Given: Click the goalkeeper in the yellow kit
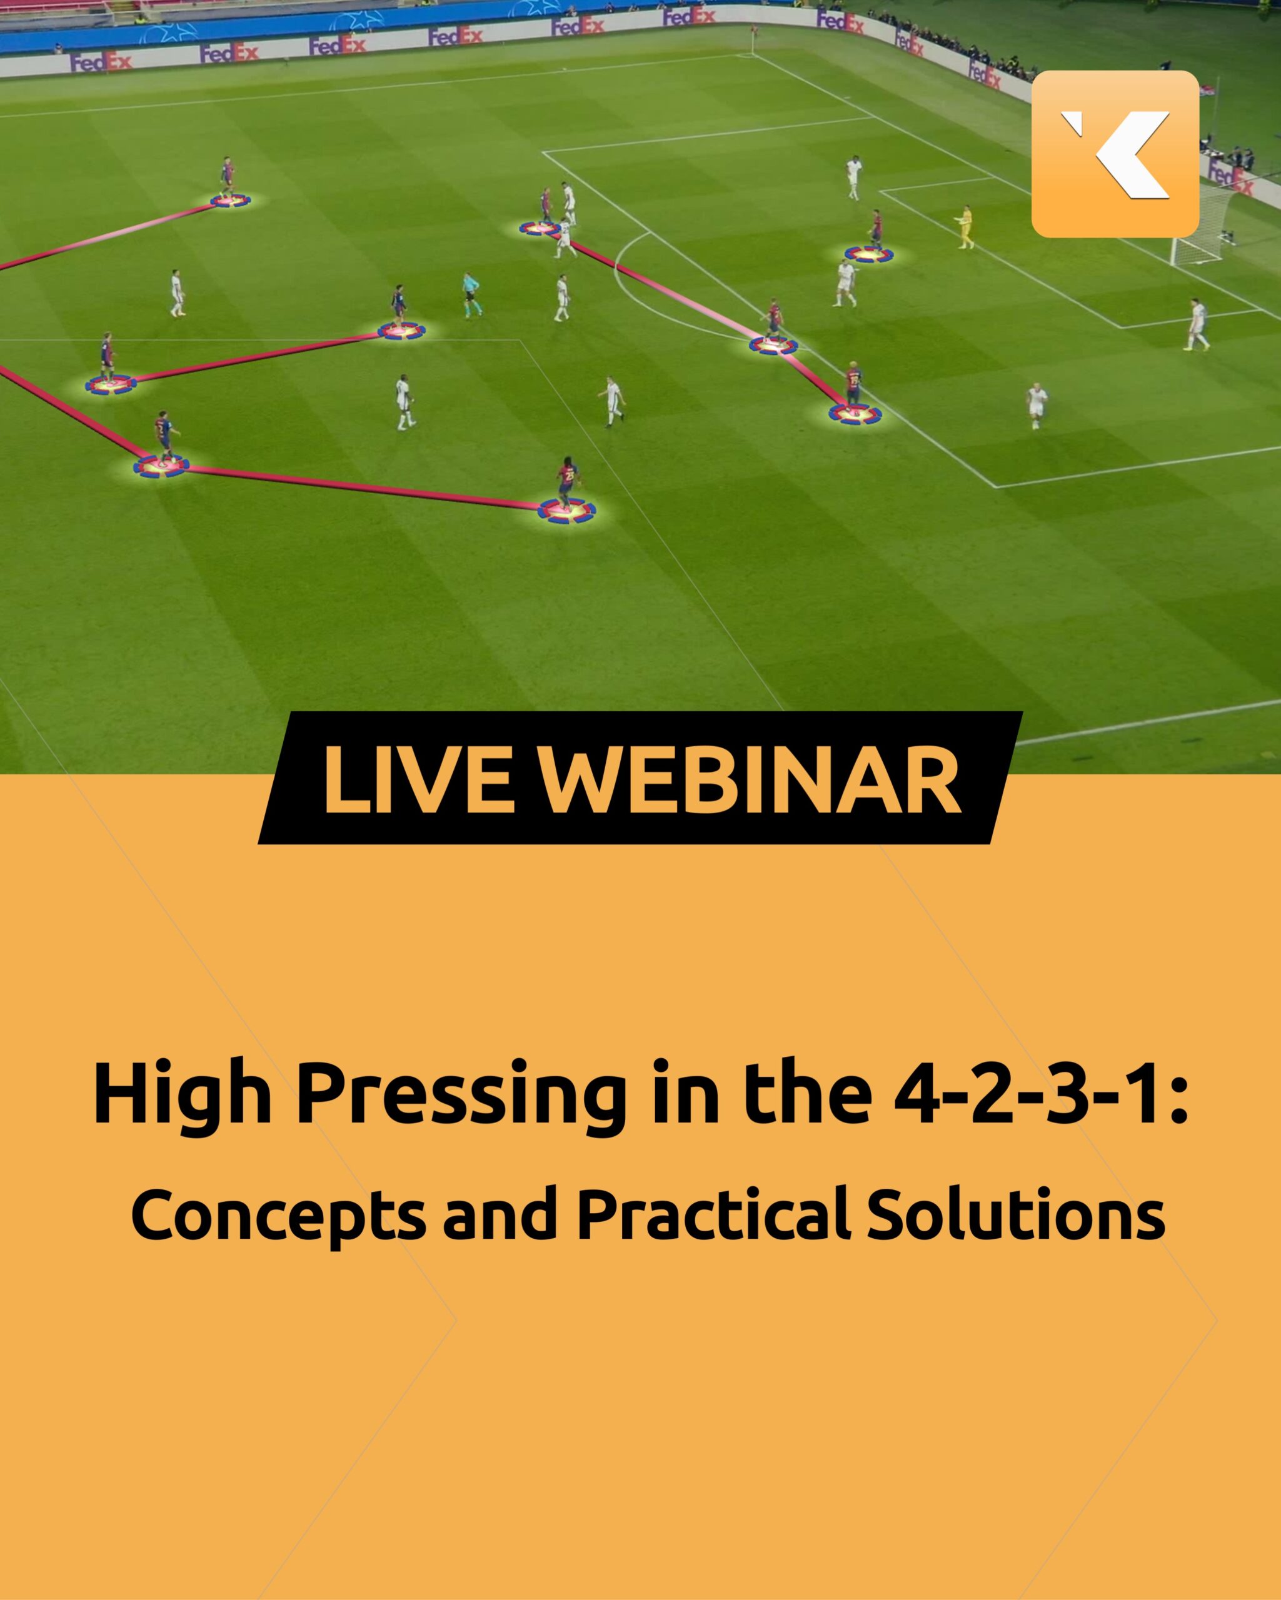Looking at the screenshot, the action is [965, 227].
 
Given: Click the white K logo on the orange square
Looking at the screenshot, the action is [1115, 154].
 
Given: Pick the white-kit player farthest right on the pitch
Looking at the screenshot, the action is [1195, 324].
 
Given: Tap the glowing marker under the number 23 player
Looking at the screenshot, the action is [567, 511].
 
